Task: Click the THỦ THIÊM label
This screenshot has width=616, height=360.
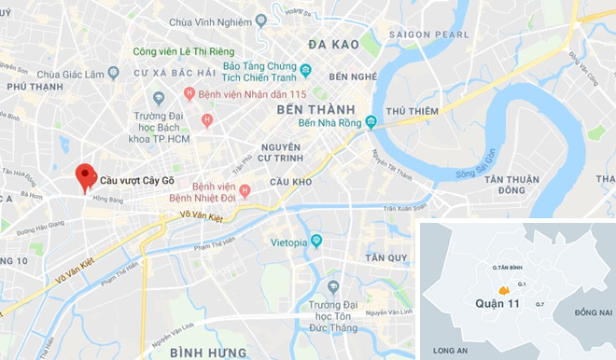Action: coord(412,111)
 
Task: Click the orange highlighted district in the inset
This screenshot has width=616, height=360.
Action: coord(504,291)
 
